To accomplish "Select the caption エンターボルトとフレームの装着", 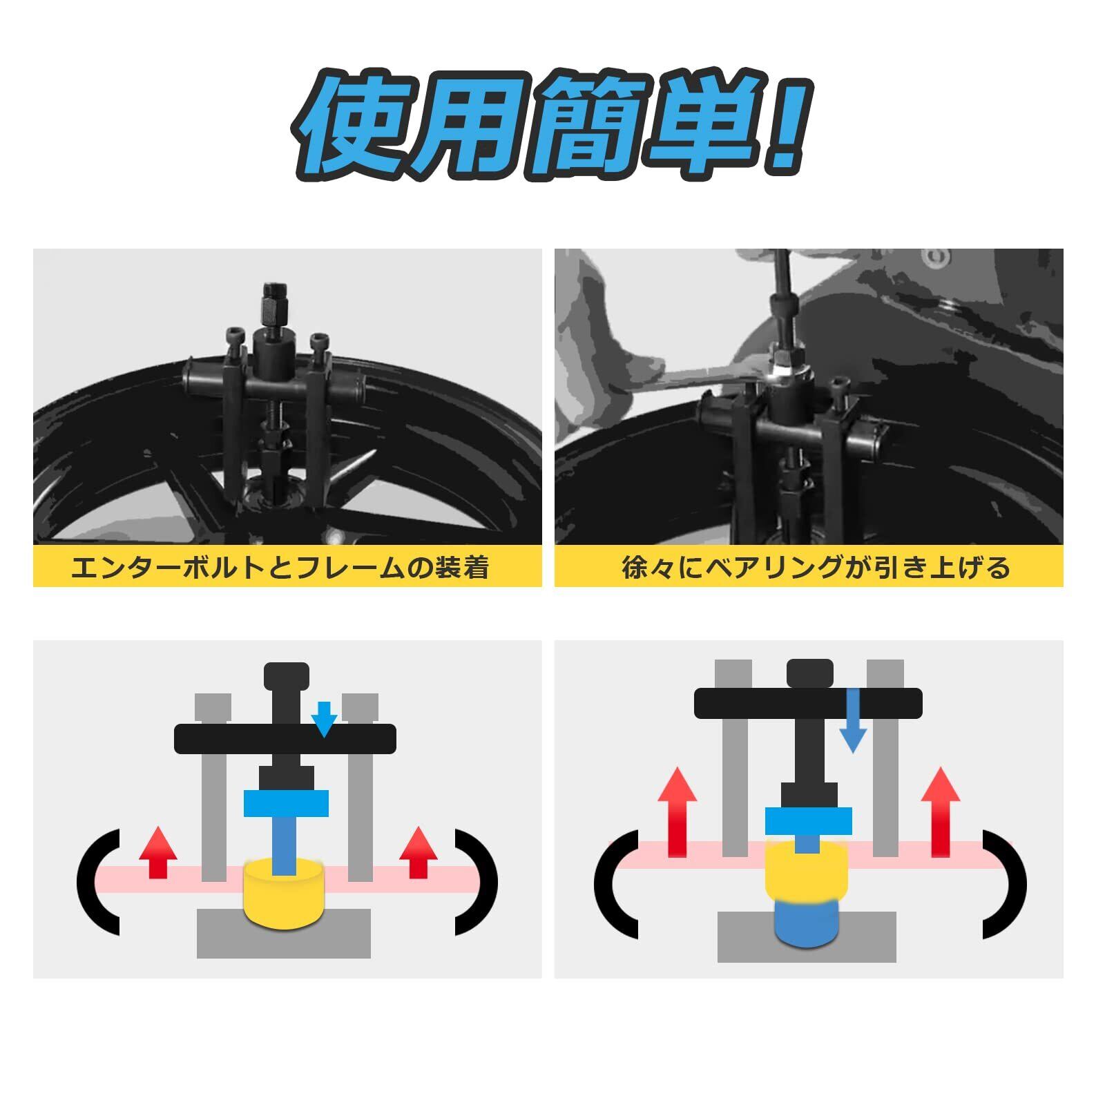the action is point(280,568).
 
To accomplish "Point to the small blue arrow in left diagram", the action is point(324,718).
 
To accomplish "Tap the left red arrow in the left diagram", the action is point(158,852).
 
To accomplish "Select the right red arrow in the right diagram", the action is point(941,811).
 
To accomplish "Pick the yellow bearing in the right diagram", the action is point(806,872).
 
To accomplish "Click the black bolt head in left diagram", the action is point(286,675).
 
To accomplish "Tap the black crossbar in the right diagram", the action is point(808,702).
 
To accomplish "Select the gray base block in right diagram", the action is point(807,938).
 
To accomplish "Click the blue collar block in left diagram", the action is point(286,804).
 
